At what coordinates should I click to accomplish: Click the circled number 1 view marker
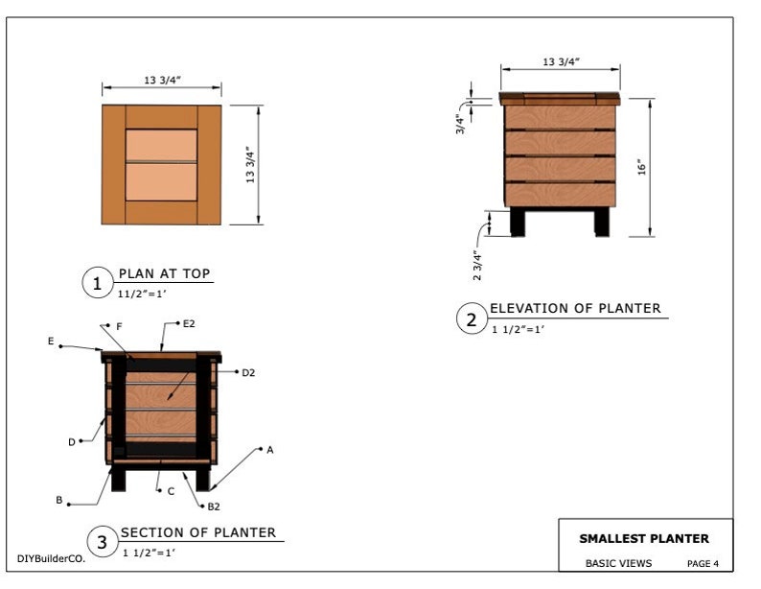coord(97,283)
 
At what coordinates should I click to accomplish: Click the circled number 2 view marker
coord(471,319)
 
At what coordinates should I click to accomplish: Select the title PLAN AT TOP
coord(164,273)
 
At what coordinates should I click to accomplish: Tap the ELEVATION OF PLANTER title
coord(575,308)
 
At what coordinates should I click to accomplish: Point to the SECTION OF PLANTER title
coord(198,532)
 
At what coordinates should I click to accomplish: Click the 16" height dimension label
coord(643,166)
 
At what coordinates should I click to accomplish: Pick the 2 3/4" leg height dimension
coord(477,264)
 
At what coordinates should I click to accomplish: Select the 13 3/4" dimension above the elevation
coord(561,61)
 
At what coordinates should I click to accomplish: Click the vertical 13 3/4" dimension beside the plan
coord(249,164)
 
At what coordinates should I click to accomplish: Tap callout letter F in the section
coord(119,326)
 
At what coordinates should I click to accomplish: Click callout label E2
coord(190,324)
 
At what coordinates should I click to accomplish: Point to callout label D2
coord(248,371)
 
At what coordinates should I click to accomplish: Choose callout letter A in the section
coord(270,449)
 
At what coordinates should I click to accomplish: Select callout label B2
coord(214,506)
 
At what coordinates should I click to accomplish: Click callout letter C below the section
coord(171,491)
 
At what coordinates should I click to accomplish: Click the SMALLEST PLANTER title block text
coord(644,539)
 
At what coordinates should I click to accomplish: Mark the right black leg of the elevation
coord(601,222)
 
